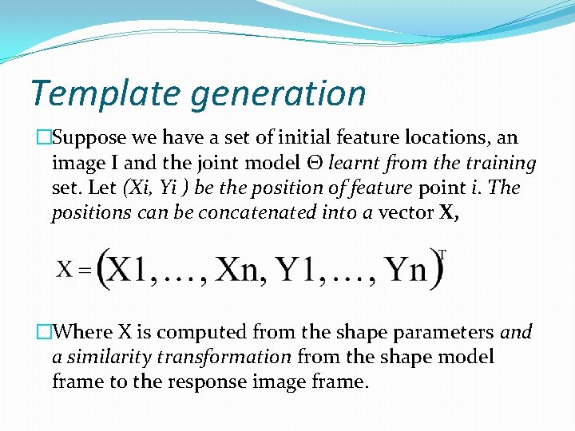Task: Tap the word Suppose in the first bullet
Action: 85,138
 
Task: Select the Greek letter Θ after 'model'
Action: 318,163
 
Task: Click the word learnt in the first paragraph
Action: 355,163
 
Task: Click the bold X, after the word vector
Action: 450,212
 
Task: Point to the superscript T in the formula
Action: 442,254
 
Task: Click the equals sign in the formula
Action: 85,269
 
